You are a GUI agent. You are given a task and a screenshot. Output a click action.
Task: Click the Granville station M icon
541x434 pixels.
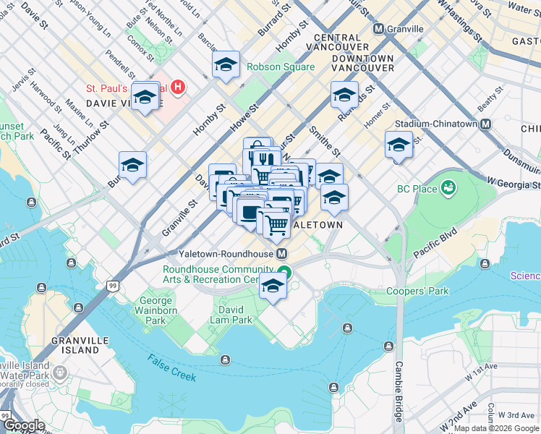click(378, 29)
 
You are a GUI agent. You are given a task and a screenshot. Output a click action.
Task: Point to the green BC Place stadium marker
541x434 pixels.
click(448, 189)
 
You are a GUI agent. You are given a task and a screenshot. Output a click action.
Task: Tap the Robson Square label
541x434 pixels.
click(281, 67)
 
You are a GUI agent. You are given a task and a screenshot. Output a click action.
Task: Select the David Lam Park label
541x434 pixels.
click(231, 314)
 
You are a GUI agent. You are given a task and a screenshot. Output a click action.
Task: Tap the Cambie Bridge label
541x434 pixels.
click(399, 391)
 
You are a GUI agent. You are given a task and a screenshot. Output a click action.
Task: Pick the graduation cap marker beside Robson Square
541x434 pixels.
click(226, 64)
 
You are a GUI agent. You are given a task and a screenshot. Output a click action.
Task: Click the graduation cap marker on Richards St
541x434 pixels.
click(344, 94)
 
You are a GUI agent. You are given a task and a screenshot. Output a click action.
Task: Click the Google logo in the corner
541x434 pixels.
click(24, 425)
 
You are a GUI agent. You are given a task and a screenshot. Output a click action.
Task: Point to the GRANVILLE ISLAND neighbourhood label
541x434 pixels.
click(75, 345)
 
